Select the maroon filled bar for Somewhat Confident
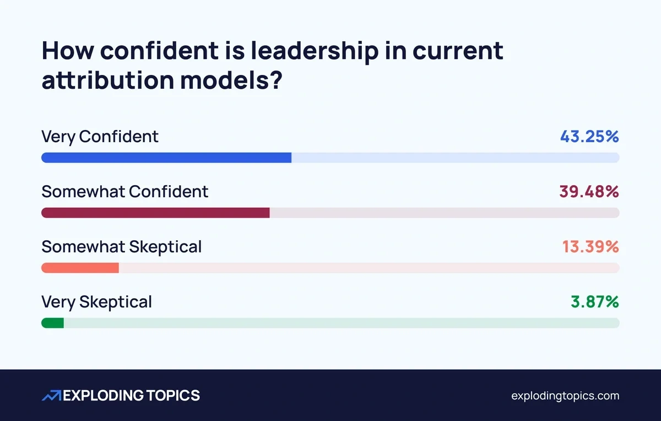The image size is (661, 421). pyautogui.click(x=155, y=213)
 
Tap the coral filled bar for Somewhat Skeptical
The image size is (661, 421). pyautogui.click(x=80, y=268)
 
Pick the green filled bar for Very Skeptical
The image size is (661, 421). pyautogui.click(x=53, y=323)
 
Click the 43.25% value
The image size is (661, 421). pyautogui.click(x=589, y=137)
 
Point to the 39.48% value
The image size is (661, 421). pyautogui.click(x=589, y=192)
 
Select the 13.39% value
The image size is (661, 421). pyautogui.click(x=590, y=247)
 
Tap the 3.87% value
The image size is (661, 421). pyautogui.click(x=594, y=302)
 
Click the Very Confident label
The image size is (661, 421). pyautogui.click(x=100, y=137)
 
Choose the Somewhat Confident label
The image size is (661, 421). pyautogui.click(x=125, y=192)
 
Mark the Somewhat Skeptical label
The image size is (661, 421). pyautogui.click(x=122, y=247)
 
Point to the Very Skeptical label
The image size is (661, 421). pyautogui.click(x=97, y=302)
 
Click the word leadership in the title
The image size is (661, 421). pyautogui.click(x=314, y=51)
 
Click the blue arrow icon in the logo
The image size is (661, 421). pyautogui.click(x=52, y=396)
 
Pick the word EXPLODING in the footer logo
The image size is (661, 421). pyautogui.click(x=103, y=396)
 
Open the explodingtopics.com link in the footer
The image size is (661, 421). pyautogui.click(x=565, y=396)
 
